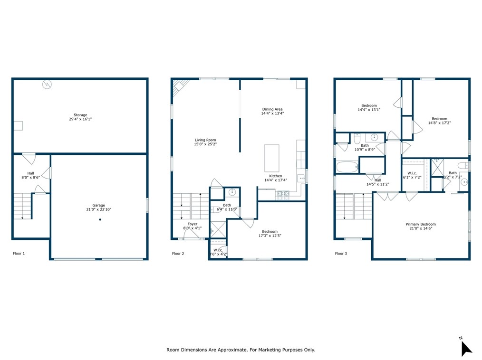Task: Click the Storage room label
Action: (x=80, y=115)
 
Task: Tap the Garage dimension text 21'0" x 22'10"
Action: (x=99, y=209)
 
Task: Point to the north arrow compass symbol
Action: (x=466, y=348)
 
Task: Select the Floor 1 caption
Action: (x=19, y=254)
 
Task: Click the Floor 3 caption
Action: (x=341, y=254)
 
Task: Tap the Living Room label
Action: (x=205, y=140)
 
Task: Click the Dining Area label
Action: (x=272, y=109)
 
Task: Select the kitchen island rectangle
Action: (x=272, y=158)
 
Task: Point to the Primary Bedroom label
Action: (x=421, y=224)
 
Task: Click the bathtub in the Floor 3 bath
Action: (x=347, y=167)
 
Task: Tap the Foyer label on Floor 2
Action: (x=193, y=224)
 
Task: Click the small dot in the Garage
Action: (x=100, y=219)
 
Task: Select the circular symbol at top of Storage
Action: (x=47, y=84)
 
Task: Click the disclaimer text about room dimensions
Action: (x=241, y=350)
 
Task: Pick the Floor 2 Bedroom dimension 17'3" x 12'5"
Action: (x=270, y=236)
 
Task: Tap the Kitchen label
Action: (x=276, y=176)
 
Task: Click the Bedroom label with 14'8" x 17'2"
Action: (x=439, y=119)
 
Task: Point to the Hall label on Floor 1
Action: (x=30, y=173)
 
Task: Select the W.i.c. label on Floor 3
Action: (x=412, y=173)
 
